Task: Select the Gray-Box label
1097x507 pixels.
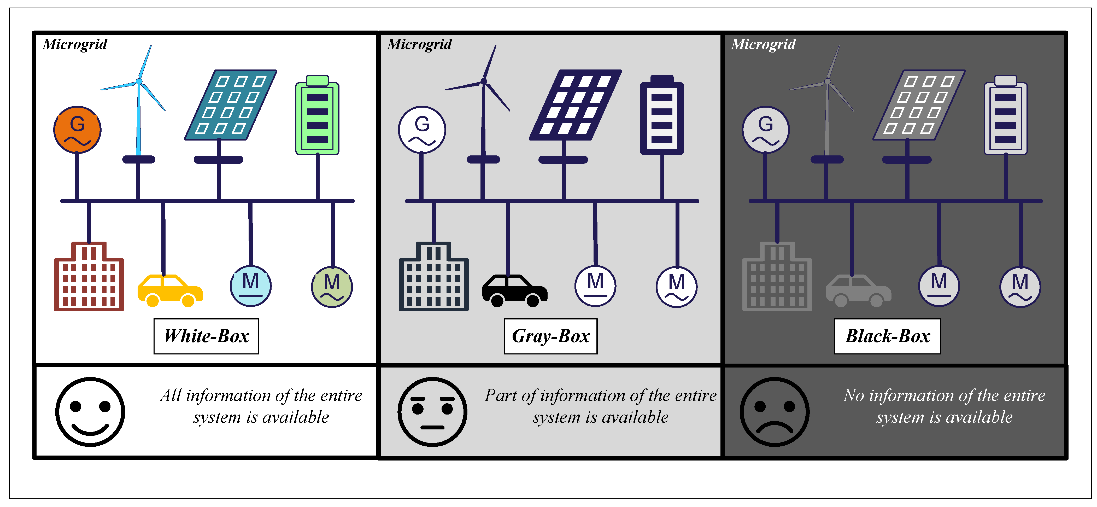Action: pos(551,336)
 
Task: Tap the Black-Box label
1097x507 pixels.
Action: pos(888,336)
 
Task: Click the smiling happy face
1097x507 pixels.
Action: pos(90,412)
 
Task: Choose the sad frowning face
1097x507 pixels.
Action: pos(775,412)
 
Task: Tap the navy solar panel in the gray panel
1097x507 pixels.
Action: pos(575,105)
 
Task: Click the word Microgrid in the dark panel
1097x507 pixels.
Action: pos(763,44)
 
